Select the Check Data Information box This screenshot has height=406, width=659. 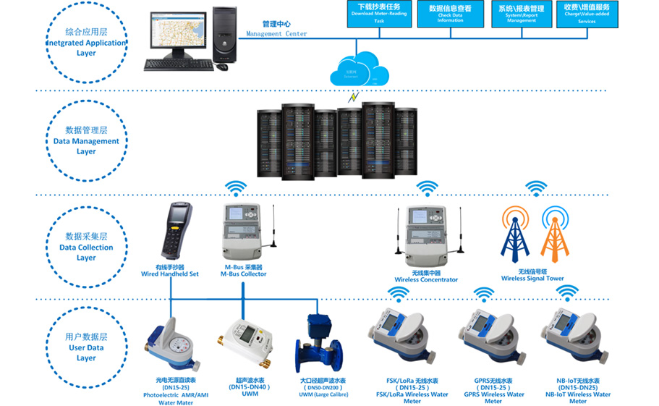(x=449, y=14)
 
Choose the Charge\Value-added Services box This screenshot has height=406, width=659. (x=587, y=14)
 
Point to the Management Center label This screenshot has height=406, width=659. (x=276, y=29)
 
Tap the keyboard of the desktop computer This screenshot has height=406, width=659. (x=178, y=64)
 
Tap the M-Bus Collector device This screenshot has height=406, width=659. (x=243, y=235)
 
